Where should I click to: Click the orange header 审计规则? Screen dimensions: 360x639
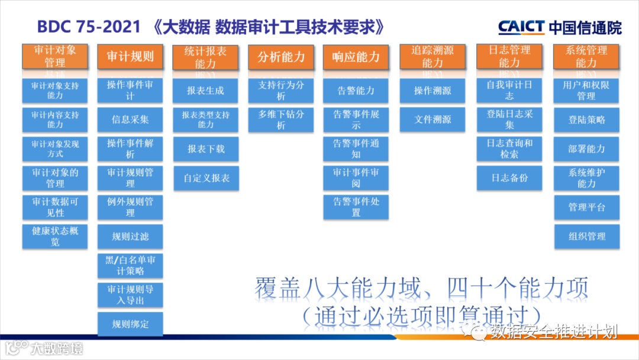tap(130, 57)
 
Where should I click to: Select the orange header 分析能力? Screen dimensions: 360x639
tap(281, 57)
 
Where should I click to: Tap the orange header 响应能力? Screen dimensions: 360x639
tap(356, 57)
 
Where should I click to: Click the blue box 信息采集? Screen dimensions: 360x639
tap(130, 120)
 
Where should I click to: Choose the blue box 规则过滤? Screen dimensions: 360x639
tap(130, 237)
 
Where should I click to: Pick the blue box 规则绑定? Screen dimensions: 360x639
tap(130, 324)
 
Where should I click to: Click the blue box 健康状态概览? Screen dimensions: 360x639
tap(55, 236)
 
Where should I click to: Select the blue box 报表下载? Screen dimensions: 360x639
tap(206, 149)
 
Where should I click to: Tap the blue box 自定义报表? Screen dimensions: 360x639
tap(206, 178)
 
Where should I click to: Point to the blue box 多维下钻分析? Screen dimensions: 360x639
tap(281, 120)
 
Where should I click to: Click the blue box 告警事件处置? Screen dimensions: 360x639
tap(356, 207)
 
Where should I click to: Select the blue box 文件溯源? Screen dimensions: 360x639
tap(433, 120)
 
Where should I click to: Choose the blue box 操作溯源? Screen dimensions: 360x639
tap(433, 91)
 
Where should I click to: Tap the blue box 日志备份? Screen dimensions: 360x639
tap(509, 178)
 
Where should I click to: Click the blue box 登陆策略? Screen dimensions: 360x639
tap(586, 120)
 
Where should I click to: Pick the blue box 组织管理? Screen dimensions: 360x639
tap(586, 236)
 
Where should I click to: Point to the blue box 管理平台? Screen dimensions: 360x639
tap(586, 207)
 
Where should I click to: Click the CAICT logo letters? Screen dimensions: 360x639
tap(521, 27)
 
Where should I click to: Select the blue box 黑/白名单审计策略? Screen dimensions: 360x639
tap(130, 266)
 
